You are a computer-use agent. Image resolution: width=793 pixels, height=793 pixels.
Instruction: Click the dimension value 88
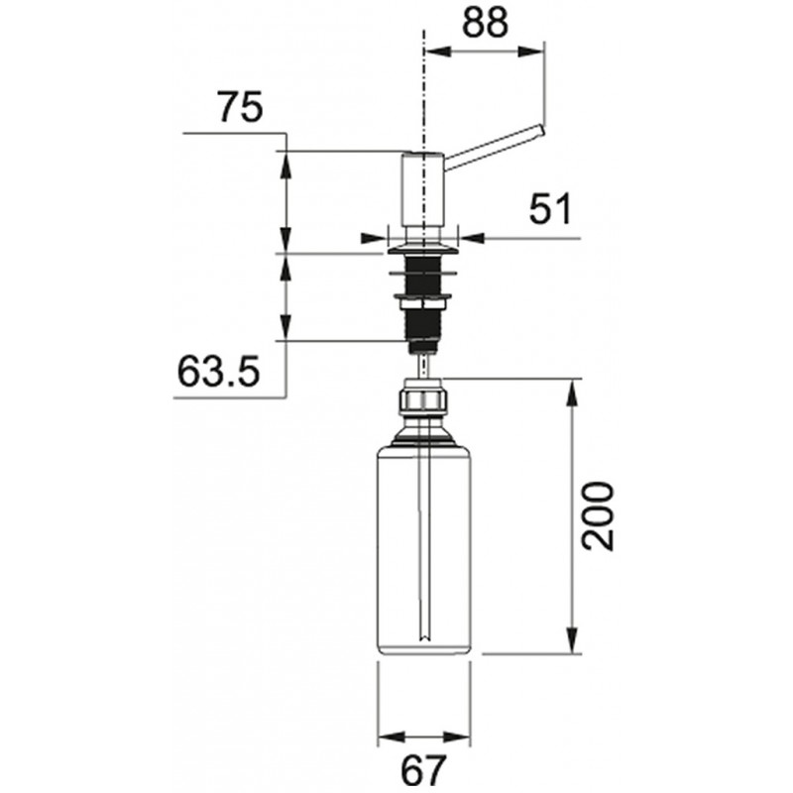click(485, 23)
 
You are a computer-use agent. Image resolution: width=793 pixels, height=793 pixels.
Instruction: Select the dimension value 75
click(240, 107)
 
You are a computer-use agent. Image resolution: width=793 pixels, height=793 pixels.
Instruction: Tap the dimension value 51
click(550, 208)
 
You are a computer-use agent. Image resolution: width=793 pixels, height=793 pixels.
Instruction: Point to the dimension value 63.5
click(218, 371)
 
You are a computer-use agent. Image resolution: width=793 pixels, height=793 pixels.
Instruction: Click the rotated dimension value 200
click(598, 515)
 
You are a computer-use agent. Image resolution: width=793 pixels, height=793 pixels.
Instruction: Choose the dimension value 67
click(424, 771)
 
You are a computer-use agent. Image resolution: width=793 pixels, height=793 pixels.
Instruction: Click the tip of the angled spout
click(542, 130)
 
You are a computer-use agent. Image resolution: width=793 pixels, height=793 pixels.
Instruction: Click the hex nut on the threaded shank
click(423, 303)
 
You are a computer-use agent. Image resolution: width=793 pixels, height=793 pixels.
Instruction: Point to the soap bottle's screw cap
click(423, 399)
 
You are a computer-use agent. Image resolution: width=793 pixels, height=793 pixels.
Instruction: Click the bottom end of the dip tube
click(425, 639)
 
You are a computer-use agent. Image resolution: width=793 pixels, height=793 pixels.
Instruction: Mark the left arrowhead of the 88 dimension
click(437, 52)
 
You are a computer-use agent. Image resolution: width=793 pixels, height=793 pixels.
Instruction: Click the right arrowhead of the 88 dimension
click(532, 52)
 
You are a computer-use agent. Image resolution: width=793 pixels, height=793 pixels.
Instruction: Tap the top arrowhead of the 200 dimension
click(572, 392)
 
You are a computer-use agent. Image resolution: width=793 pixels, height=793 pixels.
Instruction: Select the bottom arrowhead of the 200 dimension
click(572, 640)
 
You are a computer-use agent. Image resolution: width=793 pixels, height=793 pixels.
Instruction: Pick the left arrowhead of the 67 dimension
click(391, 736)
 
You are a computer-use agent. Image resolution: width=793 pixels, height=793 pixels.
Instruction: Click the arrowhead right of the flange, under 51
click(471, 237)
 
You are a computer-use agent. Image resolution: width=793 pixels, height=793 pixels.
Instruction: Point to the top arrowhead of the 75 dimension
click(285, 164)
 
